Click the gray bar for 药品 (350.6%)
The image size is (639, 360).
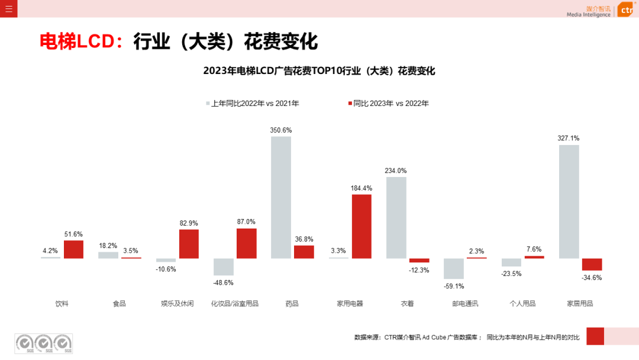pyautogui.click(x=281, y=197)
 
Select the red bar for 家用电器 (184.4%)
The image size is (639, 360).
pyautogui.click(x=362, y=226)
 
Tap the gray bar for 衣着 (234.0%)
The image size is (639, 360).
pyautogui.click(x=396, y=217)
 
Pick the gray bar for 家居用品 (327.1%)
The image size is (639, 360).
pyautogui.click(x=569, y=201)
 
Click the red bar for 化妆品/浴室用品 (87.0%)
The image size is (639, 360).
pyautogui.click(x=246, y=243)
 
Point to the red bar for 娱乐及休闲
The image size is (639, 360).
pyautogui.click(x=189, y=244)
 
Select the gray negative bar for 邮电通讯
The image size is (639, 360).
pyautogui.click(x=453, y=269)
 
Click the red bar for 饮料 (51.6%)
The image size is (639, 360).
pyautogui.click(x=73, y=249)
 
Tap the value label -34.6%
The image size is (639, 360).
pyautogui.click(x=592, y=277)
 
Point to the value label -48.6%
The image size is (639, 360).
pyautogui.click(x=223, y=282)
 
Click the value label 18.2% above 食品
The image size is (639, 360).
pyautogui.click(x=108, y=246)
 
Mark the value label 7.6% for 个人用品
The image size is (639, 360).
pyautogui.click(x=534, y=249)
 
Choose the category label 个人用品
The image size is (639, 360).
pyautogui.click(x=522, y=304)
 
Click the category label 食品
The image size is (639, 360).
pyautogui.click(x=120, y=304)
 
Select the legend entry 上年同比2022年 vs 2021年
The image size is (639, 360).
pyautogui.click(x=253, y=104)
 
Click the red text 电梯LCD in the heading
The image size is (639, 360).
pyautogui.click(x=77, y=42)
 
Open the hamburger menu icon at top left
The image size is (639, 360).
pyautogui.click(x=8, y=9)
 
